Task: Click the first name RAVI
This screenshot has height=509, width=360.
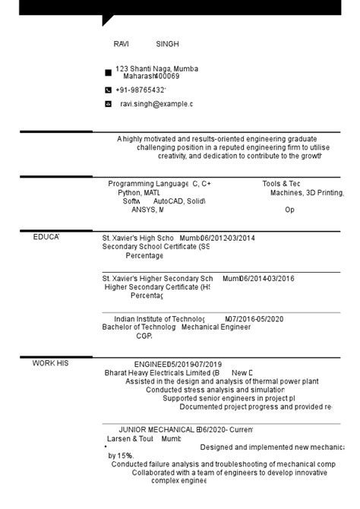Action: (122, 45)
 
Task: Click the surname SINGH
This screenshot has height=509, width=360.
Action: (167, 45)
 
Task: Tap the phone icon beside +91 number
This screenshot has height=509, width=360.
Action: (108, 90)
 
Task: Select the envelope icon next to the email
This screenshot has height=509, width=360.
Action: (108, 103)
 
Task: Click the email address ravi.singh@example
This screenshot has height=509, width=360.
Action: (156, 104)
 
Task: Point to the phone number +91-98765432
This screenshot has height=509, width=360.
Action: (141, 90)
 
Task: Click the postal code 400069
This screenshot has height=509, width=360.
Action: (167, 76)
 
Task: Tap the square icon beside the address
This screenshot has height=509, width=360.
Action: (108, 73)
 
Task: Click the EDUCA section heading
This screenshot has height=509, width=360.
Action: (46, 238)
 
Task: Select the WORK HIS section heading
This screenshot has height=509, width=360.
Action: (50, 363)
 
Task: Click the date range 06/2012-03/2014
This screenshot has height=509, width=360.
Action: (228, 238)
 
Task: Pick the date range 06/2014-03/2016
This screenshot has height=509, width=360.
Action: (267, 279)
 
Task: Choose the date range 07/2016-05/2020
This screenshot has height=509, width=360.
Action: (254, 319)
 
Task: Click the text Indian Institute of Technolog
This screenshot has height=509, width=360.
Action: (159, 319)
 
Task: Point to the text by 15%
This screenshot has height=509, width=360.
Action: (120, 456)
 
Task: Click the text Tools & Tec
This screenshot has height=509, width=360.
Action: (281, 184)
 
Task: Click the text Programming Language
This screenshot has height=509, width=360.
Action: (148, 184)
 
